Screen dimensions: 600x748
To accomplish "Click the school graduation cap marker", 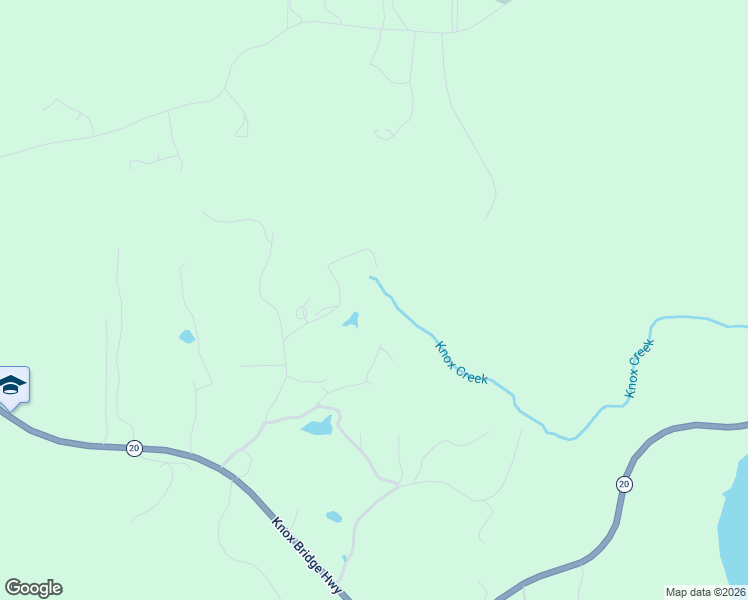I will pyautogui.click(x=11, y=385).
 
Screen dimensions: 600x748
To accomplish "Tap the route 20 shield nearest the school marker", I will pyautogui.click(x=134, y=449).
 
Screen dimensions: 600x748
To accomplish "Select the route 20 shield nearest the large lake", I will pyautogui.click(x=624, y=484).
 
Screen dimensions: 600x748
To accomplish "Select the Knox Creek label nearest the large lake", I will pyautogui.click(x=639, y=369).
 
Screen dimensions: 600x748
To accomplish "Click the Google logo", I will pyautogui.click(x=33, y=588).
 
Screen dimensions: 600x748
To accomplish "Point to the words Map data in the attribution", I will pyautogui.click(x=688, y=591).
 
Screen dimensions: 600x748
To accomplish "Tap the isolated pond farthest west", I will pyautogui.click(x=187, y=337).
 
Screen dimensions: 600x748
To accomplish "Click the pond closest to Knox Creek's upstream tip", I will pyautogui.click(x=351, y=320).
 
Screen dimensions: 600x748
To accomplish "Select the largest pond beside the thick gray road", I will pyautogui.click(x=317, y=427).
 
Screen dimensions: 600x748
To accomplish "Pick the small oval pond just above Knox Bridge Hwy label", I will pyautogui.click(x=334, y=517).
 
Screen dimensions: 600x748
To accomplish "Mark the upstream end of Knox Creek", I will pyautogui.click(x=371, y=278).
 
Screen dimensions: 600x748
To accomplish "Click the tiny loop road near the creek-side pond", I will pyautogui.click(x=301, y=313).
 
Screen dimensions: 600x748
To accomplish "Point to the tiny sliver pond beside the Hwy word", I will pyautogui.click(x=344, y=560).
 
